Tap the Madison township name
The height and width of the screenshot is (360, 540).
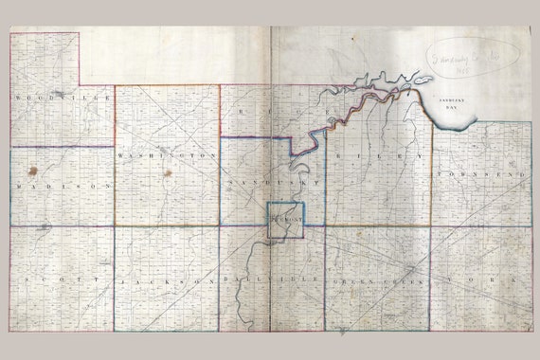pos(61,186)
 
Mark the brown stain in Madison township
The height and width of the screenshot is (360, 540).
pos(33,172)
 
